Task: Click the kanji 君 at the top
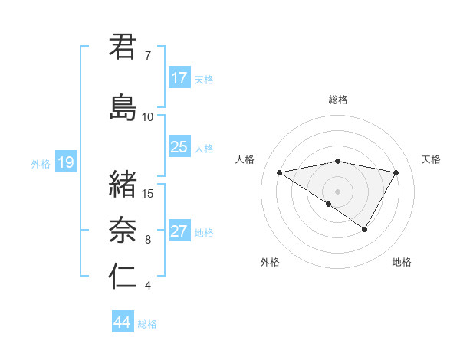[123, 47]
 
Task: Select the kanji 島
[123, 108]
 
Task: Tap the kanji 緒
[123, 185]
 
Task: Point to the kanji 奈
[123, 230]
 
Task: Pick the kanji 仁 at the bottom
[123, 277]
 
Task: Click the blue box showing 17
[179, 78]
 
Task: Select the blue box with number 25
[179, 148]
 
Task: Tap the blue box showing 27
[179, 232]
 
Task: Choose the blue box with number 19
[66, 162]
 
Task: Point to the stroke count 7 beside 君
[147, 56]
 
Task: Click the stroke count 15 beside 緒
[149, 193]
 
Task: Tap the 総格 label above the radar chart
[338, 100]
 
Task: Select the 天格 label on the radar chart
[432, 159]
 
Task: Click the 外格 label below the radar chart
[270, 262]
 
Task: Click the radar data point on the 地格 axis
[365, 229]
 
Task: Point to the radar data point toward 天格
[396, 172]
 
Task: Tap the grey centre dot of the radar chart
[337, 191]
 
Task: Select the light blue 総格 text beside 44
[148, 324]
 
